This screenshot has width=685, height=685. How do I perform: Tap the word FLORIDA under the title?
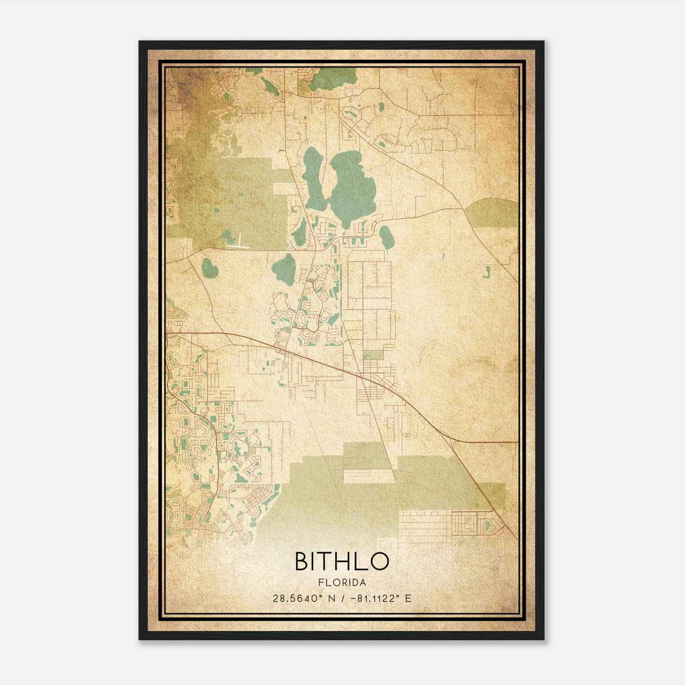[x=342, y=583]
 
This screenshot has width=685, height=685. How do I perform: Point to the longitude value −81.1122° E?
[x=381, y=599]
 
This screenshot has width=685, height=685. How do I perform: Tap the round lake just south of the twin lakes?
[x=283, y=268]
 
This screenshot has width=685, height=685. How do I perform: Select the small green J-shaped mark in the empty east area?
[x=486, y=272]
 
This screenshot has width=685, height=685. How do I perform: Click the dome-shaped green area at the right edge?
[x=492, y=213]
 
